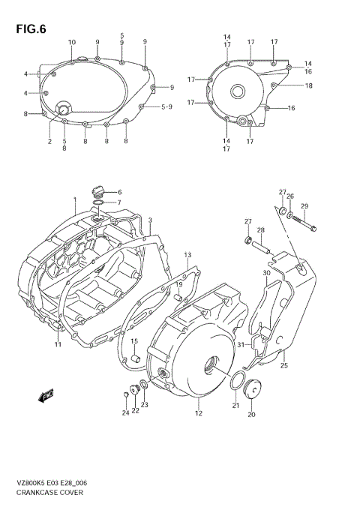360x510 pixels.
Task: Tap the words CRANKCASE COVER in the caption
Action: click(50, 493)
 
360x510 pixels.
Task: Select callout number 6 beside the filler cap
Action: click(119, 193)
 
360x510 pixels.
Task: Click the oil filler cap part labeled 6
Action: click(97, 189)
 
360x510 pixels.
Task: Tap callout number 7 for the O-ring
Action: click(118, 203)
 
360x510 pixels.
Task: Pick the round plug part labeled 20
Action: click(250, 389)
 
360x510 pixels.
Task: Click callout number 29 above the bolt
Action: click(304, 206)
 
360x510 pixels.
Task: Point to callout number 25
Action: click(284, 365)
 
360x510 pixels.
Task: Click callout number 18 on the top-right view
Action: click(308, 86)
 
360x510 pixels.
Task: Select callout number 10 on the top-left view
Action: click(72, 41)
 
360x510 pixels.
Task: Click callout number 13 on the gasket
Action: click(188, 255)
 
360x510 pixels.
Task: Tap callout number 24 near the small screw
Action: click(125, 412)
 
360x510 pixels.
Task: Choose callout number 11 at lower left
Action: click(57, 343)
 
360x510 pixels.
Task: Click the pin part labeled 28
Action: click(262, 246)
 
